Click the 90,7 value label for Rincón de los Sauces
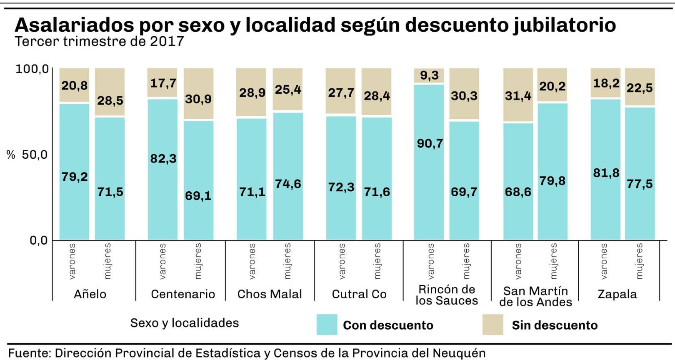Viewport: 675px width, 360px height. coord(430,144)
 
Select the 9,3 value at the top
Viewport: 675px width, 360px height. coord(429,75)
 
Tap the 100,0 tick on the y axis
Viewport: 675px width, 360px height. coord(32,69)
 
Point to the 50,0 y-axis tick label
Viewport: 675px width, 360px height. coord(35,155)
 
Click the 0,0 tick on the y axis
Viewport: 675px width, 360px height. coord(38,240)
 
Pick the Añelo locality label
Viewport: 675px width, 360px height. coord(90,294)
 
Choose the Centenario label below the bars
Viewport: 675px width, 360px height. coord(183,294)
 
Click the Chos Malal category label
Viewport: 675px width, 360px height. coord(270,294)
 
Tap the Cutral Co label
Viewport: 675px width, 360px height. coord(359,294)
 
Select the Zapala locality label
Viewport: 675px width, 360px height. coord(617,294)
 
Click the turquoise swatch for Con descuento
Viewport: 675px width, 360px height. coord(327,325)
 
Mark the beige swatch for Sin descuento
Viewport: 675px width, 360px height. coord(492,325)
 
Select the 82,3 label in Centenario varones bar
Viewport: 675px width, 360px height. coord(163,159)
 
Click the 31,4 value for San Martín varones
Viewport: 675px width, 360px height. coord(518,96)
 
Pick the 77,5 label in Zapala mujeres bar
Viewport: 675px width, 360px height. coord(640,184)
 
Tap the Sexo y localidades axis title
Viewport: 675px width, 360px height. coord(185,323)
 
